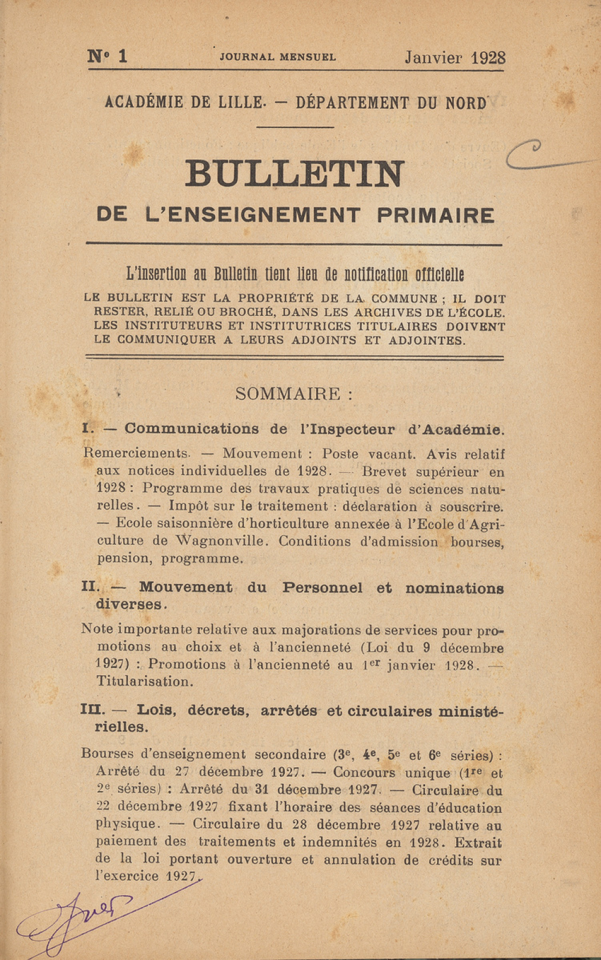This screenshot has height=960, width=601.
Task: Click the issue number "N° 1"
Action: click(108, 56)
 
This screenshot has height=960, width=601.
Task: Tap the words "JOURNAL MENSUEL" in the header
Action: click(278, 58)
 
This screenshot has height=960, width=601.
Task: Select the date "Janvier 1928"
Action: click(455, 58)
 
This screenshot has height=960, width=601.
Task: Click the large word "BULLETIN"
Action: click(294, 174)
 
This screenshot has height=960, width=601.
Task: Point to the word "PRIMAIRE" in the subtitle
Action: click(436, 215)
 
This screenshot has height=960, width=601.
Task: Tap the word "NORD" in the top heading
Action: click(466, 103)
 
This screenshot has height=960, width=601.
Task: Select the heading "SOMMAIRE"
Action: click(288, 394)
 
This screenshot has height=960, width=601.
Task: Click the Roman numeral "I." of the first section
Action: click(88, 428)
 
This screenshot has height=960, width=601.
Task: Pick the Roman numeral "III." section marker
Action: click(93, 709)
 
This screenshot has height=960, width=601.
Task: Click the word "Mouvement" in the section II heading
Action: click(186, 587)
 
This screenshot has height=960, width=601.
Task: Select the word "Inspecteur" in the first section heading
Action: click(347, 430)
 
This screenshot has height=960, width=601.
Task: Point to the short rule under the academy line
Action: click(294, 127)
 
